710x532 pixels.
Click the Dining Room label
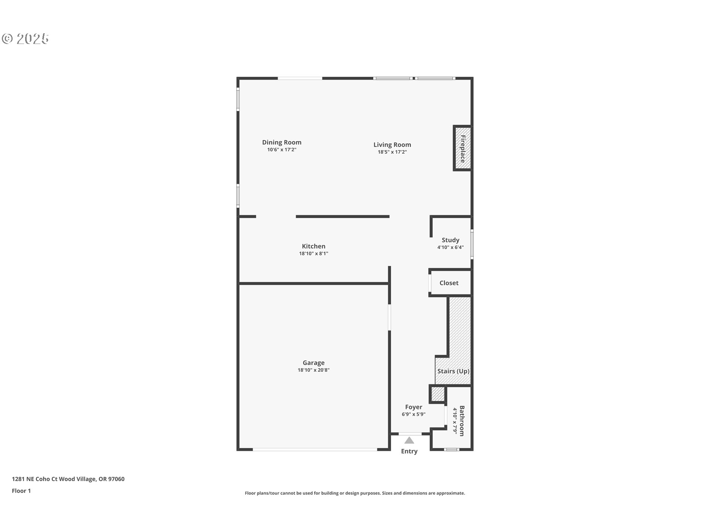(282, 142)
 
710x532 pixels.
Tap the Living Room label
(392, 145)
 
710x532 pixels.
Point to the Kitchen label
(314, 246)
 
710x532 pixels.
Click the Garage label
(314, 363)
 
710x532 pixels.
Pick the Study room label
(450, 240)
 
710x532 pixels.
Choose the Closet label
(449, 283)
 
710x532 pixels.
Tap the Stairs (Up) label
(453, 371)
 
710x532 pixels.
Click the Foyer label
(413, 407)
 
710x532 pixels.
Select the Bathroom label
(462, 421)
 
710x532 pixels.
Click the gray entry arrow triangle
(409, 440)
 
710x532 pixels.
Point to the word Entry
(409, 451)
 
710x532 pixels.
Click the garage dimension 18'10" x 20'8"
(314, 370)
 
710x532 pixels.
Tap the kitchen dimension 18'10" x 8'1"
(314, 253)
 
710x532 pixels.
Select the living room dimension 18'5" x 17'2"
(392, 152)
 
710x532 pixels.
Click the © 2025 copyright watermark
(25, 39)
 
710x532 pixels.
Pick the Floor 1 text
(21, 491)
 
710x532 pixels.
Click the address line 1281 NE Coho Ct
(68, 479)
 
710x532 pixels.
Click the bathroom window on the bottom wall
(451, 450)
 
